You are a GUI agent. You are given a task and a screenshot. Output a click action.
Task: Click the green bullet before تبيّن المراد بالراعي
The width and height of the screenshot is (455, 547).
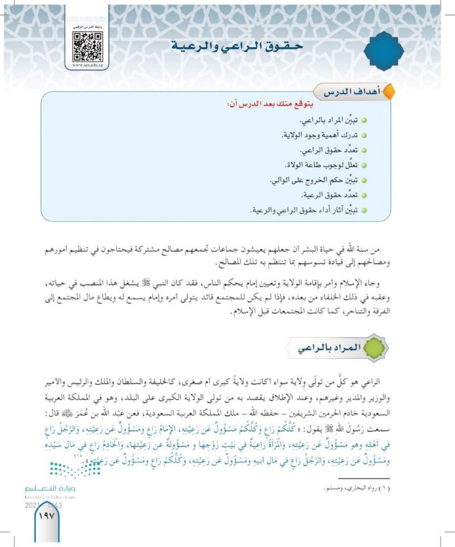pyautogui.click(x=363, y=122)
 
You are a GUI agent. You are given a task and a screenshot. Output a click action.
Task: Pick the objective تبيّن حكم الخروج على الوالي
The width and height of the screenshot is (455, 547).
pyautogui.click(x=313, y=181)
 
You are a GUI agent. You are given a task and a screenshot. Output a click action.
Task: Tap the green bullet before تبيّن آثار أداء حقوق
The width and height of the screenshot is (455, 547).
pyautogui.click(x=363, y=210)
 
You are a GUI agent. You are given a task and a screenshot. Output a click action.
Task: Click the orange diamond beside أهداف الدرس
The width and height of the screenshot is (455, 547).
pyautogui.click(x=389, y=91)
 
